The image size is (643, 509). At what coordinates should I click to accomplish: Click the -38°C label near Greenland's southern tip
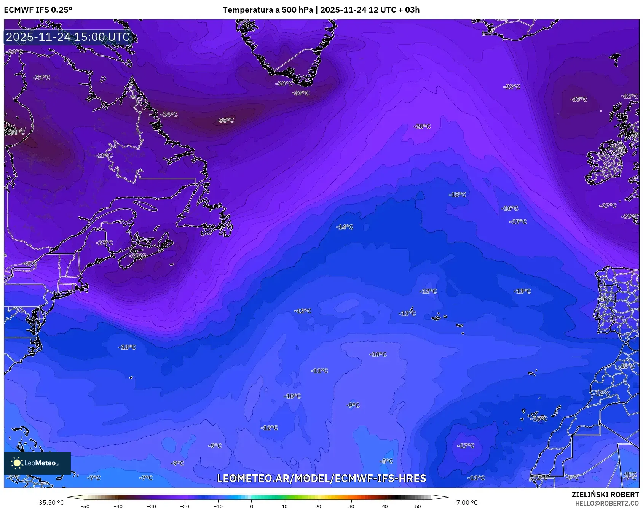(x=301, y=93)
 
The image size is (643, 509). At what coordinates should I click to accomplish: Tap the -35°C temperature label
(x=225, y=121)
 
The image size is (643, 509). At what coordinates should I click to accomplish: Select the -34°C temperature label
(x=169, y=115)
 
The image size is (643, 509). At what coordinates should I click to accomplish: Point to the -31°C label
(x=41, y=78)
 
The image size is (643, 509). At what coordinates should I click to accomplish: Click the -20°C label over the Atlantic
(x=422, y=126)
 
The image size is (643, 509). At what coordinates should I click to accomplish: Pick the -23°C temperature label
(x=512, y=87)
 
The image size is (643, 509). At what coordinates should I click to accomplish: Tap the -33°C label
(x=579, y=99)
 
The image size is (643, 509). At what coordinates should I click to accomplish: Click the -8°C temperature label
(x=386, y=461)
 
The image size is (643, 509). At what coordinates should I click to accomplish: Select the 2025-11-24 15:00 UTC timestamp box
(x=68, y=37)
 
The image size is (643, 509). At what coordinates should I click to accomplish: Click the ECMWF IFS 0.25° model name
(x=38, y=10)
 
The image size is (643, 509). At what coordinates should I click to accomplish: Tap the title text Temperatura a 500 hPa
(x=268, y=10)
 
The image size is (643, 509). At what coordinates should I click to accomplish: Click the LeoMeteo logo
(x=37, y=463)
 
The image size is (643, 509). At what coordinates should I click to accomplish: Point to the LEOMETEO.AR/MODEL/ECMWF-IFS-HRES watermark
(x=321, y=478)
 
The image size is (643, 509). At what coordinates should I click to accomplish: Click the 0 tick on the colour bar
(x=251, y=506)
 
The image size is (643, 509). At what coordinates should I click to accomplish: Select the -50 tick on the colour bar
(x=85, y=506)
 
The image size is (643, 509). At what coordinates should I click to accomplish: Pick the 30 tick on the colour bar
(x=351, y=506)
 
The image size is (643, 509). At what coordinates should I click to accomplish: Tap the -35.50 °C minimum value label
(x=50, y=503)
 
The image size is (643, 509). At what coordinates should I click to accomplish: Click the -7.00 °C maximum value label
(x=466, y=503)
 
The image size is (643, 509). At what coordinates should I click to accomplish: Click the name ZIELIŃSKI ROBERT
(x=605, y=495)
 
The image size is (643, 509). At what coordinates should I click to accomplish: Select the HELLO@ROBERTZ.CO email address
(x=607, y=503)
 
